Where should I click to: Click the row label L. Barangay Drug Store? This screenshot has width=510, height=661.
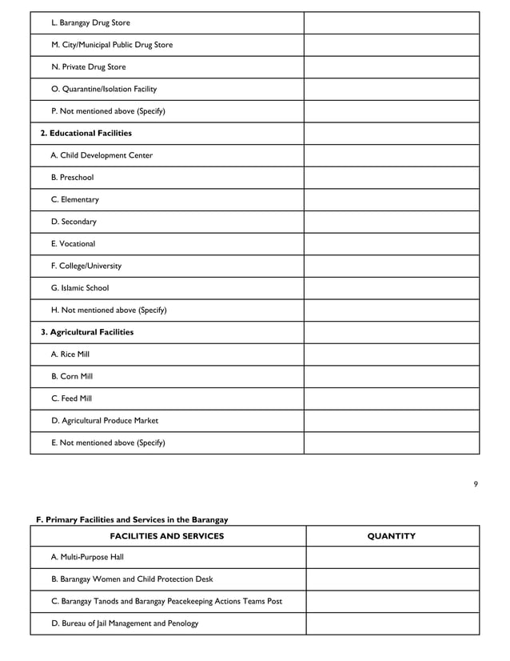(x=90, y=23)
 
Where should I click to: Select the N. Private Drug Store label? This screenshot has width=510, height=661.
(x=88, y=67)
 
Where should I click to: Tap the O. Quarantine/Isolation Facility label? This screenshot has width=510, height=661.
(x=104, y=90)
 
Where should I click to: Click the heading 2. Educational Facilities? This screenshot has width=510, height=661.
(x=86, y=134)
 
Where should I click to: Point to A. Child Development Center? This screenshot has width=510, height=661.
(x=102, y=155)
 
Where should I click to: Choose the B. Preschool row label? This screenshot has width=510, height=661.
(x=72, y=178)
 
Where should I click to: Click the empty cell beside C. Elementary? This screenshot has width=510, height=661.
(x=391, y=200)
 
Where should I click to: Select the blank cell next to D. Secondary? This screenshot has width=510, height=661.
(x=391, y=222)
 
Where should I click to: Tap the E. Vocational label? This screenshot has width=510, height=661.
(x=73, y=244)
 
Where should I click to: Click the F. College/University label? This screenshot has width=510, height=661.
(x=86, y=266)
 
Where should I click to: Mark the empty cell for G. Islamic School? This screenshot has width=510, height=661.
(x=391, y=288)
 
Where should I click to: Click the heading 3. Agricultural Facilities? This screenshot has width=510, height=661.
(x=87, y=332)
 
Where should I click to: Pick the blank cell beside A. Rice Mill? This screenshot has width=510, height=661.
(x=391, y=355)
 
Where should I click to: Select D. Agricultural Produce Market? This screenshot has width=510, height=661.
(x=105, y=420)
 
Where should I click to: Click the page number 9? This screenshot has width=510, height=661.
(x=476, y=483)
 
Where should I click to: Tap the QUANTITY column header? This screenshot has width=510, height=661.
(x=391, y=536)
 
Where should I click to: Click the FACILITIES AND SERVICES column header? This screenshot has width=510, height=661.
(x=166, y=536)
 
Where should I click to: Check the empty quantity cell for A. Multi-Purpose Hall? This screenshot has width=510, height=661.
(x=391, y=557)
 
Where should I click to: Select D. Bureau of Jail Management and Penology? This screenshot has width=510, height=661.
(x=125, y=623)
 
